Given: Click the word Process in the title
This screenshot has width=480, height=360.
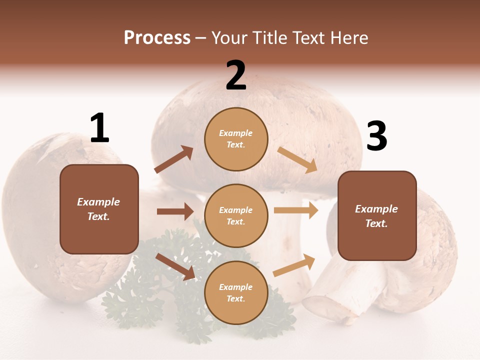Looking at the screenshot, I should click(x=157, y=38).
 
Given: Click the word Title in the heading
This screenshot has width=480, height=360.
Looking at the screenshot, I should click(x=270, y=38).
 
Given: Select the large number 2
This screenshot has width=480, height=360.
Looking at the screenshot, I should click(x=236, y=75).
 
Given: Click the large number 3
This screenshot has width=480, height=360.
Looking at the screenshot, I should click(x=377, y=136).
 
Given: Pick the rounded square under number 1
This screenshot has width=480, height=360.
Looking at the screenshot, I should click(x=99, y=209).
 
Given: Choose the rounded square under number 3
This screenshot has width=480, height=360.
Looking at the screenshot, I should click(x=377, y=216).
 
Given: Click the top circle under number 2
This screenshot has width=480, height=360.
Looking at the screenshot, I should click(x=236, y=139).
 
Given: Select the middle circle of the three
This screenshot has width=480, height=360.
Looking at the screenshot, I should click(x=236, y=215).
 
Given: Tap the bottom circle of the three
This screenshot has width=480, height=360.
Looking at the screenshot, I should click(x=236, y=292).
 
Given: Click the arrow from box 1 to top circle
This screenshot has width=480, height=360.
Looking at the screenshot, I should click(x=174, y=159).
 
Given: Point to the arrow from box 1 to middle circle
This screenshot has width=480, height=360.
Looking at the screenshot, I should click(x=175, y=211).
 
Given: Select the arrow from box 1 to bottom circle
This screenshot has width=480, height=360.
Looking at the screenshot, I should click(x=175, y=266).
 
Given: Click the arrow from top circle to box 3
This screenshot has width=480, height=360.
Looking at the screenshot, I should click(x=297, y=159).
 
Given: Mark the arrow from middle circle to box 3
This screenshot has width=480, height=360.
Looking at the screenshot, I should click(x=296, y=210).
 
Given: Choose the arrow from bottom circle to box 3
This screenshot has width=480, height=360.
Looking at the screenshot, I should click(x=294, y=265).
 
